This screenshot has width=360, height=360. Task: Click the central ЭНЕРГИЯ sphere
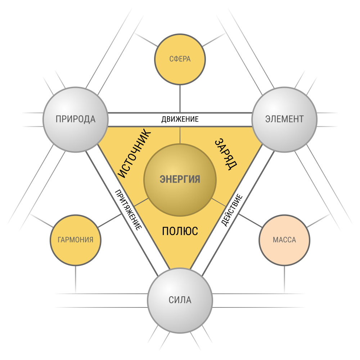[x=180, y=180]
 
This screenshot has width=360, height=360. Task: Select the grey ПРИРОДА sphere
[x=76, y=120]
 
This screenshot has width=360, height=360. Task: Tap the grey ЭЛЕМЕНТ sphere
[x=284, y=120]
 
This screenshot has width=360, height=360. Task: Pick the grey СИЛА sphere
[x=180, y=301]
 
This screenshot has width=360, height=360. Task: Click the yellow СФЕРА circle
[x=180, y=59]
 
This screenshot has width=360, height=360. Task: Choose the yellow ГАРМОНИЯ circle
[x=76, y=240]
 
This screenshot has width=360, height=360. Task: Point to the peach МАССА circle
[x=284, y=240]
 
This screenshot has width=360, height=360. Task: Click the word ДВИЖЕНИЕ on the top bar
[x=180, y=120]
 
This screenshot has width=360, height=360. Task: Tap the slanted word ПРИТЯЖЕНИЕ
[x=128, y=210]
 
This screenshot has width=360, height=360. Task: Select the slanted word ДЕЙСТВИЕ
[x=232, y=210]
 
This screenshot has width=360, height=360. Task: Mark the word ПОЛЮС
[x=180, y=231]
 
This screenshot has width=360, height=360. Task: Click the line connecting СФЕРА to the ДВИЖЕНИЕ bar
[x=180, y=99]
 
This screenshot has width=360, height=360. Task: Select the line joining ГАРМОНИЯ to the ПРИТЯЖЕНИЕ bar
[x=110, y=221]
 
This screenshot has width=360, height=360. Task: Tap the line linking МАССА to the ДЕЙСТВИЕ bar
[x=250, y=221]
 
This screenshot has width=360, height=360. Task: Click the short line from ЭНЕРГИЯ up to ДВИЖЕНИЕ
[x=180, y=135]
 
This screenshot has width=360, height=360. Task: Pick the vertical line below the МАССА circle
[x=284, y=279]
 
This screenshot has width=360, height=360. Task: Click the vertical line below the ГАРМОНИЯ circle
[x=76, y=279]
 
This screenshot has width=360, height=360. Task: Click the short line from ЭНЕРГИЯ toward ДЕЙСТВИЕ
[x=219, y=202]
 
